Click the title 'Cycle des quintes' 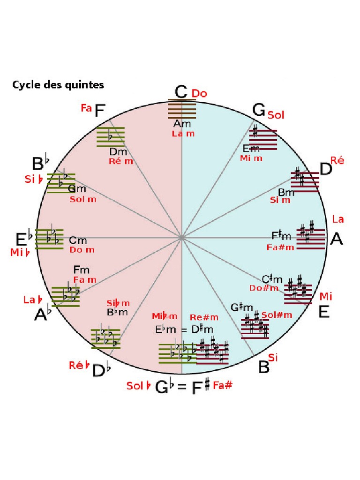58,85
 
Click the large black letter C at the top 181,92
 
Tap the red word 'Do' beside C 199,93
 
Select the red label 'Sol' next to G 276,114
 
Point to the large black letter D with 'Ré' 325,169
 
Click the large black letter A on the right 337,239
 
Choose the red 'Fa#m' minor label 280,247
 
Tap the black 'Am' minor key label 182,124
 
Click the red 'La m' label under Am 183,134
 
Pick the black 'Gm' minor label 77,189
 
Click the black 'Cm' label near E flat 78,240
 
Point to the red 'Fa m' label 85,279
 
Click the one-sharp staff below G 263,139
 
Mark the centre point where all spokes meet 181,238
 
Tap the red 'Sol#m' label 277,315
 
